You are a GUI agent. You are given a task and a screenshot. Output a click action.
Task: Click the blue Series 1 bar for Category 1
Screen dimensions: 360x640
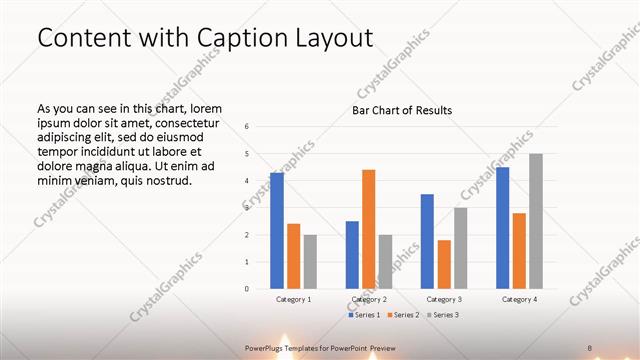pyautogui.click(x=277, y=231)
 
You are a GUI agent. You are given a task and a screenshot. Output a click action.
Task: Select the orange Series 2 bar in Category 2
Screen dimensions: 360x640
pyautogui.click(x=368, y=229)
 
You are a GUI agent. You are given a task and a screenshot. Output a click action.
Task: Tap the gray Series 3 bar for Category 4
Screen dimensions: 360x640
pyautogui.click(x=536, y=221)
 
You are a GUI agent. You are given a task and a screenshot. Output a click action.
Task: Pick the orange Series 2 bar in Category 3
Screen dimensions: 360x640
pyautogui.click(x=444, y=264)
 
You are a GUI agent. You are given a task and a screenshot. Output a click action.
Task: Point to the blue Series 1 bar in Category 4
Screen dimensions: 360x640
pyautogui.click(x=502, y=228)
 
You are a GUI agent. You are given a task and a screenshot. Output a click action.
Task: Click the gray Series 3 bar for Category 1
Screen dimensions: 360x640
pyautogui.click(x=310, y=262)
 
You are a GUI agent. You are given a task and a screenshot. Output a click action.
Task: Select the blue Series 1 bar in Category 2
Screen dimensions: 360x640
pyautogui.click(x=352, y=255)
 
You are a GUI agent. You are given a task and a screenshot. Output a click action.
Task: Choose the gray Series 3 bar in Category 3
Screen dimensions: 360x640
pyautogui.click(x=460, y=248)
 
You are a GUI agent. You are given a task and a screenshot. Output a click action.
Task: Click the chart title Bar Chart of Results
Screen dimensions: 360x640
pyautogui.click(x=402, y=110)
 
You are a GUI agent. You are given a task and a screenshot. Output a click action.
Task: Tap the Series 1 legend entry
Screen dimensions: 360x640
pyautogui.click(x=365, y=315)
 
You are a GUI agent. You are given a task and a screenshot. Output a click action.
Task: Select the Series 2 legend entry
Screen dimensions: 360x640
pyautogui.click(x=403, y=315)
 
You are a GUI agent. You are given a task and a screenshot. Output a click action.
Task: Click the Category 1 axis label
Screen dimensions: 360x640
pyautogui.click(x=293, y=299)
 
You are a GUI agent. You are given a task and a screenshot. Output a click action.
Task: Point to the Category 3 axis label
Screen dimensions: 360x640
pyautogui.click(x=444, y=299)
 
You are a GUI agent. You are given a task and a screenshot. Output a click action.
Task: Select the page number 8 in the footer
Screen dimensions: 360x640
pyautogui.click(x=590, y=347)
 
